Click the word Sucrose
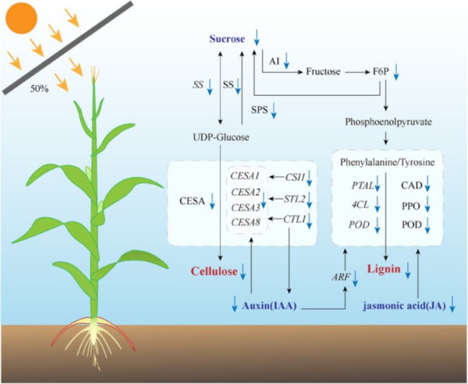tap(227, 39)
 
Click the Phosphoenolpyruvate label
tap(387, 123)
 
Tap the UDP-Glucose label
tap(220, 137)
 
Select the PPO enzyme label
tap(412, 204)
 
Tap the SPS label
tap(261, 109)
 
